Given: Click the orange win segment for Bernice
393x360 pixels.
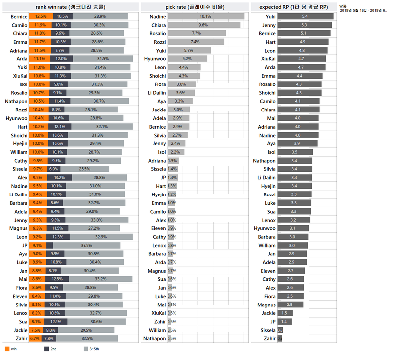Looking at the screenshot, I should click(40, 17).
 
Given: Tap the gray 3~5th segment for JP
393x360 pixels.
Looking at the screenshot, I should click(86, 245).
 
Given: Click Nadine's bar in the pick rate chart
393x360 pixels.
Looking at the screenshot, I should click(205, 17).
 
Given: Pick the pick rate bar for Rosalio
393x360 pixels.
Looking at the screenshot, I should click(196, 33).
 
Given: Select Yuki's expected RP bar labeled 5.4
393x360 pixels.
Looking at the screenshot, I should click(305, 17).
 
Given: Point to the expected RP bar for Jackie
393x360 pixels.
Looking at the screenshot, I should click(284, 313).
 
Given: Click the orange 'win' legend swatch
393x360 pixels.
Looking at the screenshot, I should click(7, 349).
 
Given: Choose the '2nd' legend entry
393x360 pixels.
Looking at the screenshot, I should click(50, 349).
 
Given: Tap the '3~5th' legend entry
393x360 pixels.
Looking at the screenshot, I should click(90, 349).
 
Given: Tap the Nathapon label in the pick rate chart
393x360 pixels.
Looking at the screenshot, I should click(154, 338).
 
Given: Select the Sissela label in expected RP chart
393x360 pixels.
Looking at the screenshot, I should click(268, 330).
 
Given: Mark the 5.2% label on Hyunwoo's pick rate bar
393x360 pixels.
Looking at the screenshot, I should click(187, 59).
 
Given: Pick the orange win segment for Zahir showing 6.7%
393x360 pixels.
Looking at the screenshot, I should click(35, 338).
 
